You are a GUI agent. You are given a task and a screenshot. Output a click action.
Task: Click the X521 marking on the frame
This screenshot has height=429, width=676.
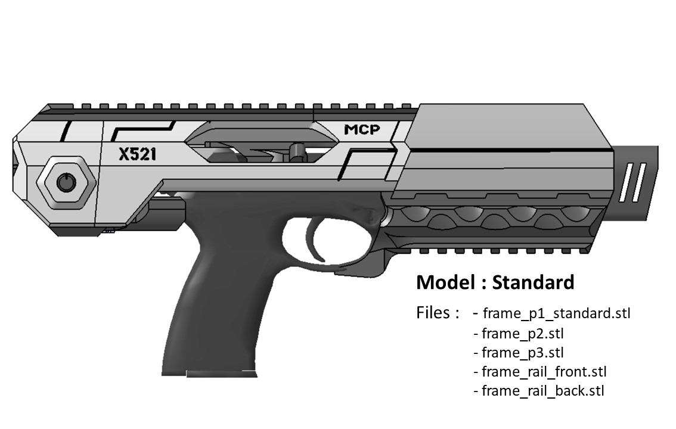[138, 154]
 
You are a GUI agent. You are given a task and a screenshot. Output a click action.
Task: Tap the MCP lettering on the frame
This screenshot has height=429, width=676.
[362, 129]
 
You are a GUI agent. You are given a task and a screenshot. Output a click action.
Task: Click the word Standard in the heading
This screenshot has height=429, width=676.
[533, 282]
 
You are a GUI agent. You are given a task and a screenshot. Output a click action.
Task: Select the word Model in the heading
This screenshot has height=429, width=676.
[446, 282]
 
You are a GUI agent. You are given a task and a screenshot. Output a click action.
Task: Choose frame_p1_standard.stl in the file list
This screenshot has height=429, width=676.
[557, 313]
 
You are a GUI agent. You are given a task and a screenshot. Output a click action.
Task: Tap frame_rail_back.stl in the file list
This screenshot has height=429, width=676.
[543, 391]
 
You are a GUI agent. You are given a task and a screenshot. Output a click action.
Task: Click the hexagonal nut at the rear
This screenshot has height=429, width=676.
[66, 183]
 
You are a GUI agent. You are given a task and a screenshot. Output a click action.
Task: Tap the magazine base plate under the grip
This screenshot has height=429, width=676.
[222, 373]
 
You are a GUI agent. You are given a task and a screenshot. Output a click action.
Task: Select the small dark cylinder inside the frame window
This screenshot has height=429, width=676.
[295, 151]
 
